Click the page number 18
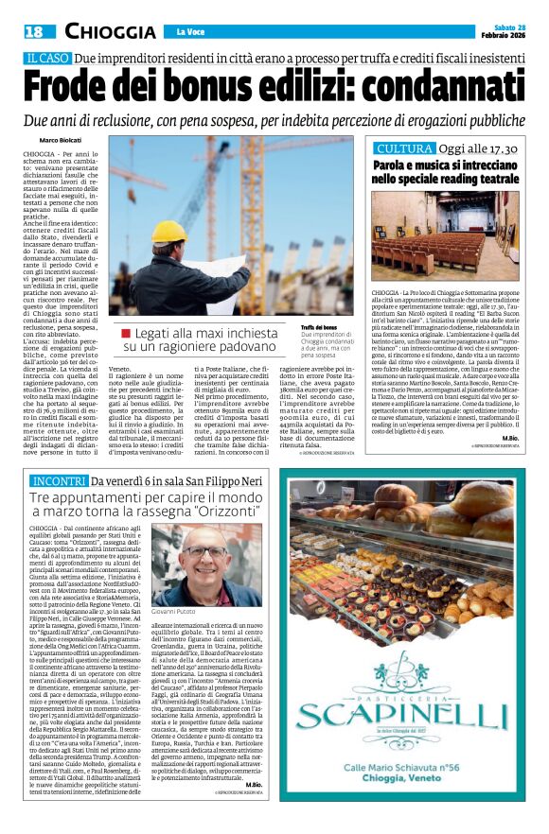point(30,31)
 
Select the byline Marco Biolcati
point(62,140)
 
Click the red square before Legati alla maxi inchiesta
point(125,333)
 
